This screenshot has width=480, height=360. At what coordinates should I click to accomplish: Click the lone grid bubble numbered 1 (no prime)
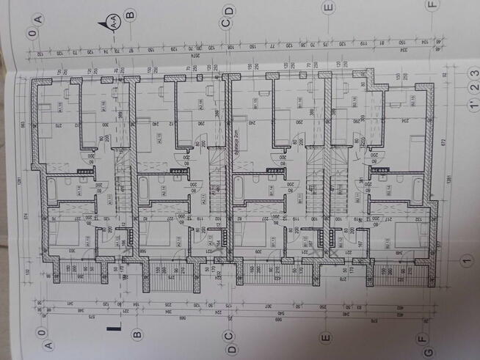tap(464, 260)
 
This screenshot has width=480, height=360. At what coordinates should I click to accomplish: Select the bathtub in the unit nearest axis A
tap(51, 189)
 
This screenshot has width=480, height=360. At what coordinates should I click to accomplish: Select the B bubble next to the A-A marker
tap(129, 13)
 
